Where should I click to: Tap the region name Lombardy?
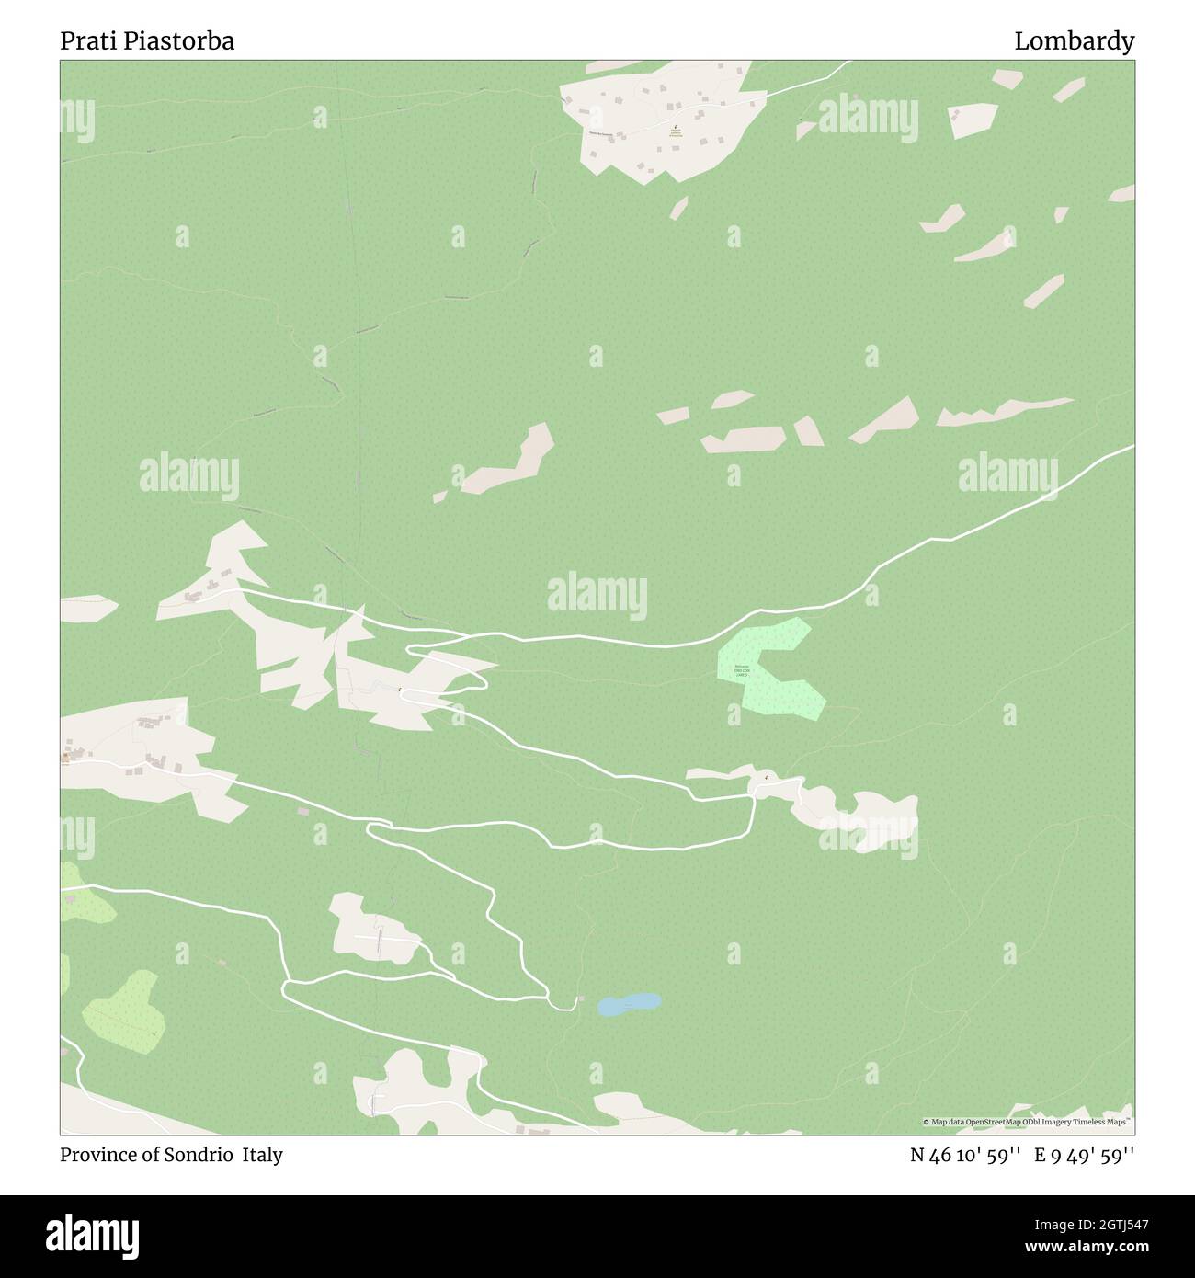pyautogui.click(x=1074, y=41)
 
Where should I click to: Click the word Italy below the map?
pyautogui.click(x=263, y=1155)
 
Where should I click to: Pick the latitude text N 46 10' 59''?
pyautogui.click(x=965, y=1155)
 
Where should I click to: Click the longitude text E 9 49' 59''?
pyautogui.click(x=1084, y=1155)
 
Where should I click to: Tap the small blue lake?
pyautogui.click(x=629, y=1003)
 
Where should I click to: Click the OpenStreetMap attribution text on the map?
pyautogui.click(x=1028, y=1122)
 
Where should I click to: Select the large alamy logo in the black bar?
pyautogui.click(x=93, y=1235)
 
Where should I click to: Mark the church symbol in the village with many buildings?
pyautogui.click(x=676, y=129)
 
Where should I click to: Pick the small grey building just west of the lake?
pyautogui.click(x=579, y=997)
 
